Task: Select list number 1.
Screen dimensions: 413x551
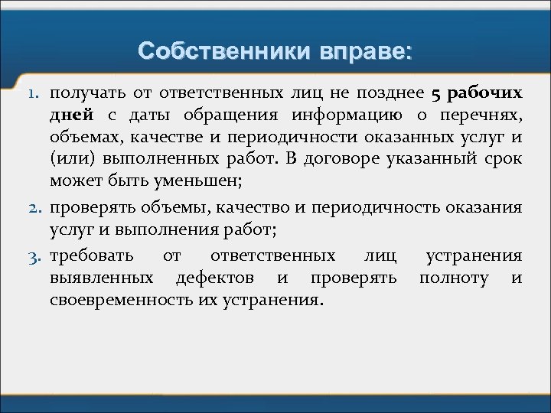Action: coord(34,94)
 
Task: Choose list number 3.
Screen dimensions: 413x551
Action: coord(34,256)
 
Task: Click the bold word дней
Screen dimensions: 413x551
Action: coord(71,115)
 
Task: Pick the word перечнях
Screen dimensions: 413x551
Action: coord(485,115)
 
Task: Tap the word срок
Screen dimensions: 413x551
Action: coord(504,161)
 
